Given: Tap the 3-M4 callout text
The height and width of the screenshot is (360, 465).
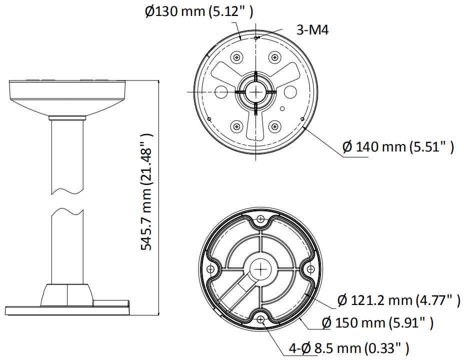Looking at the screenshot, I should click(x=312, y=30).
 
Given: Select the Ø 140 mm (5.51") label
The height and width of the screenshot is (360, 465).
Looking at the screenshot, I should click(x=398, y=147).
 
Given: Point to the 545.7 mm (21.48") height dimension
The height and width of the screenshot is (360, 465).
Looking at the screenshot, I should click(x=146, y=191).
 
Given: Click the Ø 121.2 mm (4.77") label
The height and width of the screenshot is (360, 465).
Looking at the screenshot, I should click(x=398, y=300).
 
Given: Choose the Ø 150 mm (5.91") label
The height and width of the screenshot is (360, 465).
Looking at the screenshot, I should click(x=377, y=322).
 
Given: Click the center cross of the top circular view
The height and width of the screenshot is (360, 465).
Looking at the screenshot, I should click(x=255, y=92).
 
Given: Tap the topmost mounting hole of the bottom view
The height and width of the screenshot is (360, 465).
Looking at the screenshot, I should click(x=260, y=219).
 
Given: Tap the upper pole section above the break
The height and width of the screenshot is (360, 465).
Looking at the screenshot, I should click(x=66, y=155).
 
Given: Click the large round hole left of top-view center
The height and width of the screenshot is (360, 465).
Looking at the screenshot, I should click(x=221, y=91).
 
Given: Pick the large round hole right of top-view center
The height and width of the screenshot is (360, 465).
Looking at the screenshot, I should click(x=289, y=92).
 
